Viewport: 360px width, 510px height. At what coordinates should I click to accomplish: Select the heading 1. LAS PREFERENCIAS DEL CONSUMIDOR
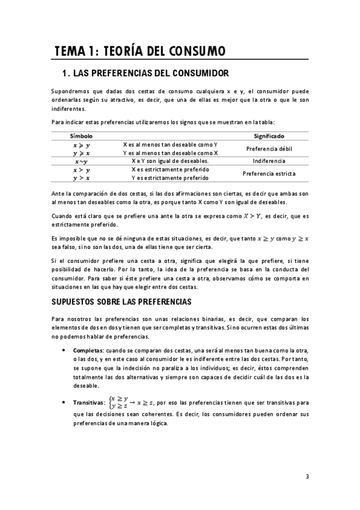click(x=145, y=74)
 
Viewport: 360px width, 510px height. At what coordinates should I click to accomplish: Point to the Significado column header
click(x=269, y=137)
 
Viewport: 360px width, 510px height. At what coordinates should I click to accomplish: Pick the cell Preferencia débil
click(x=269, y=149)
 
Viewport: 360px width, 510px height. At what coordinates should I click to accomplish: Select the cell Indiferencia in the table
click(x=269, y=161)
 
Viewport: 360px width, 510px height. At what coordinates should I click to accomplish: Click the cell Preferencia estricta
click(x=269, y=174)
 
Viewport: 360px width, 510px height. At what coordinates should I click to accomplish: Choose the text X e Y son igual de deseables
click(x=171, y=161)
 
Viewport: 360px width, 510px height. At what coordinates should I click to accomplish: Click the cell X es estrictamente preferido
click(x=171, y=170)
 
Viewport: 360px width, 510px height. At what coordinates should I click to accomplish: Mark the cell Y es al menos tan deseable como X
click(x=171, y=153)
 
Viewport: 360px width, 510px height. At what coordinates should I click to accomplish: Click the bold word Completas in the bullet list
click(x=88, y=350)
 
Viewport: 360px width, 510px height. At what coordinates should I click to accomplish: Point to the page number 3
click(x=307, y=477)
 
